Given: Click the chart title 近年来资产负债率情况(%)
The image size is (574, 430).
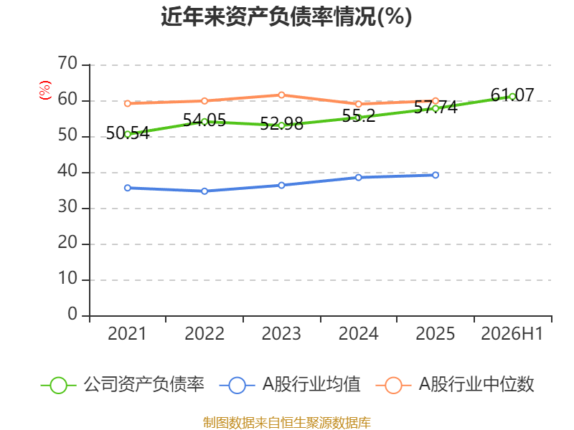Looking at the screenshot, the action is click(x=286, y=16).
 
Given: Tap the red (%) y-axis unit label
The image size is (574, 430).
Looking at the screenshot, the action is click(x=44, y=90).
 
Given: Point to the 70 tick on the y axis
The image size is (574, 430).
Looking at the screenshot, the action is click(x=67, y=64).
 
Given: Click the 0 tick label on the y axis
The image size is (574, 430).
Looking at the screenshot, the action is click(x=72, y=315).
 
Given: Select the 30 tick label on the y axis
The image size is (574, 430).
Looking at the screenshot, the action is click(x=67, y=207).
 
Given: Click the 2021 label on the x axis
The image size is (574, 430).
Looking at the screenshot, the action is click(x=127, y=334).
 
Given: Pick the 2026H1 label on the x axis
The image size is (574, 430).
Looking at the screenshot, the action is click(x=512, y=334).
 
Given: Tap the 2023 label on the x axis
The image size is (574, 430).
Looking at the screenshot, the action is click(x=281, y=334).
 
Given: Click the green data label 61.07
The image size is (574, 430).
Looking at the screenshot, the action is click(x=512, y=95).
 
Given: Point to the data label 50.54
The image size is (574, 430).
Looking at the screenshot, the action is click(x=128, y=133).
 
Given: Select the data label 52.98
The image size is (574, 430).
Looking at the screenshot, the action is click(x=281, y=123).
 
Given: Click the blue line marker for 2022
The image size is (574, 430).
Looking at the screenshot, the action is click(x=204, y=191).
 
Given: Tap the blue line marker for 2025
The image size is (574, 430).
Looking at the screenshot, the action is click(x=436, y=175).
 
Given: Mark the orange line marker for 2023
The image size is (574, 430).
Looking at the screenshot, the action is click(x=281, y=95).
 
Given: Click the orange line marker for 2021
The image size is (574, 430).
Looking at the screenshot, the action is click(x=128, y=103).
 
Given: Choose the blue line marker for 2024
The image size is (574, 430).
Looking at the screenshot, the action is click(x=359, y=177).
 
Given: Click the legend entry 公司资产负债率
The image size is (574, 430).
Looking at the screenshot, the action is click(x=122, y=385).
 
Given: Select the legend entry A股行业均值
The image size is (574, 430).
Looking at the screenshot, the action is click(x=290, y=385).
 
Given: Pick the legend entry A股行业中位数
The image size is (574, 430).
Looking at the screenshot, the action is click(x=455, y=385).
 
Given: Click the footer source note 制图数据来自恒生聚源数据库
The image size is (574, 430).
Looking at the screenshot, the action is click(x=287, y=423).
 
